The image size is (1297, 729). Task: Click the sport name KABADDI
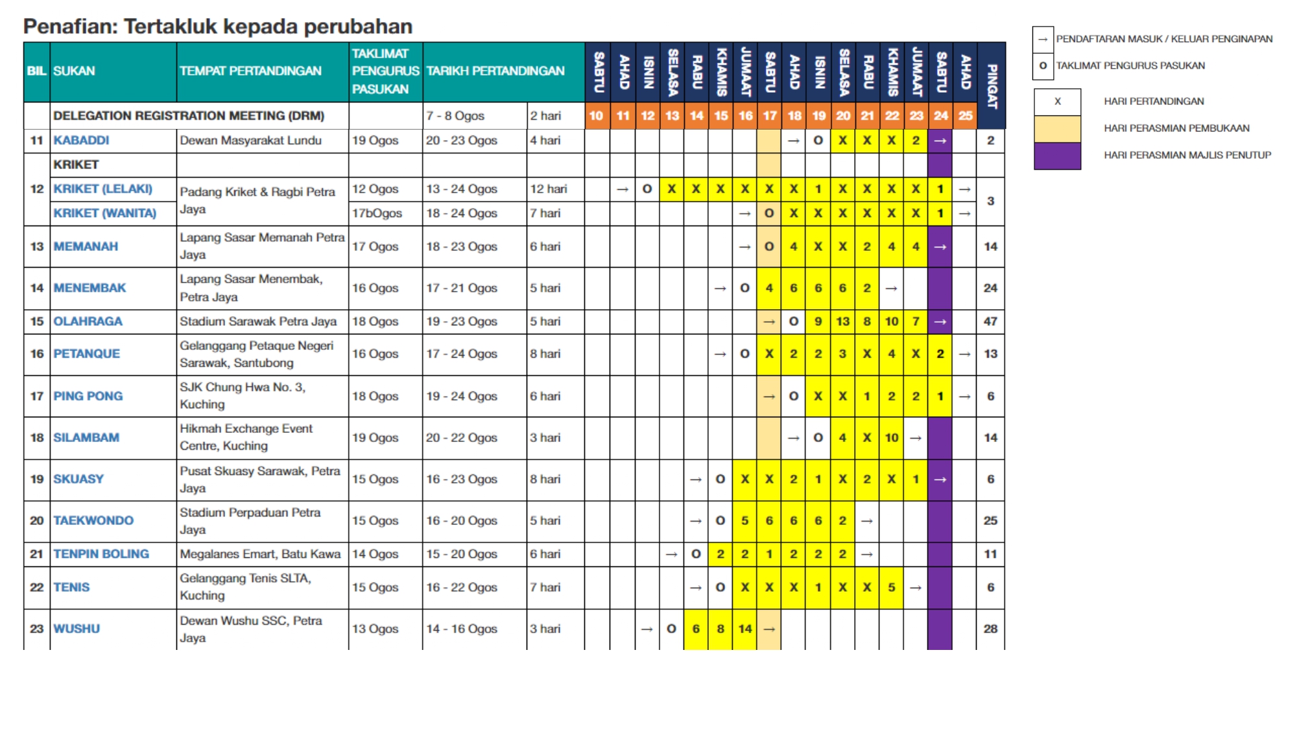tap(81, 141)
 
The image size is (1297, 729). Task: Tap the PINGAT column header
tap(991, 86)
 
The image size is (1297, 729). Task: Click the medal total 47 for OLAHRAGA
tap(990, 321)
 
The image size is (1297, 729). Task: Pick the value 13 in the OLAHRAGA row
tap(842, 321)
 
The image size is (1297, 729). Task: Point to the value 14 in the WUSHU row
tap(745, 629)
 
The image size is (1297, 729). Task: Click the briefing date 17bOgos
tap(377, 213)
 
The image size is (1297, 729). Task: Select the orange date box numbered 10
tap(597, 116)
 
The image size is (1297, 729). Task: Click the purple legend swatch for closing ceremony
tap(1057, 156)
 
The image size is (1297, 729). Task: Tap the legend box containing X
tap(1057, 102)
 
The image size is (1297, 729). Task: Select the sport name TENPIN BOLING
tap(101, 554)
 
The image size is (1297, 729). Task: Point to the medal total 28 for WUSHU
tap(990, 629)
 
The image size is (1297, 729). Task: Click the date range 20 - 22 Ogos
tap(461, 438)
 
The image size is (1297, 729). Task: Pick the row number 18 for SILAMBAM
tap(37, 438)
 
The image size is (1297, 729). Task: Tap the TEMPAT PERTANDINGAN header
tap(250, 71)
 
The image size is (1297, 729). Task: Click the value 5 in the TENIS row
tap(892, 588)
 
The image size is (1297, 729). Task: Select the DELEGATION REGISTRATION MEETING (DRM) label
tap(189, 116)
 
